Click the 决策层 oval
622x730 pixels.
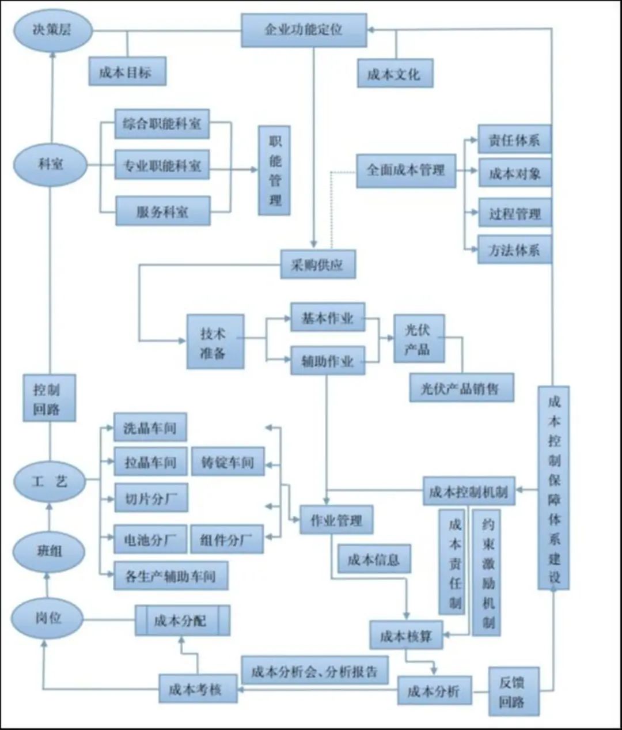tap(52, 31)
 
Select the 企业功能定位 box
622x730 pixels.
tap(304, 29)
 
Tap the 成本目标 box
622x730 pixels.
tap(127, 72)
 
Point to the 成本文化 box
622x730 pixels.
tap(395, 74)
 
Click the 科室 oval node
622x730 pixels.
tap(51, 165)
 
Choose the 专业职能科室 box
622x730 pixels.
tap(162, 166)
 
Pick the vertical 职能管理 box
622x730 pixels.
tap(274, 171)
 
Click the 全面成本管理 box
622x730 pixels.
tap(405, 171)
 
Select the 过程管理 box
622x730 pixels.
tap(514, 214)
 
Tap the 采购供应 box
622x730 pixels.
tap(317, 265)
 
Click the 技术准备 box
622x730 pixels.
tap(215, 342)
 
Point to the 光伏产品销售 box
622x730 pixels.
tap(461, 388)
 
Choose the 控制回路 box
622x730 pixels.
tap(49, 398)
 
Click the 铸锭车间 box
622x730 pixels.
tap(227, 462)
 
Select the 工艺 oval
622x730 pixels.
tap(50, 482)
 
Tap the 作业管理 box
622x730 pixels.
tap(336, 520)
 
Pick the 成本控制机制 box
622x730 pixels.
tap(468, 491)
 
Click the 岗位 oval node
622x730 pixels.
tap(48, 618)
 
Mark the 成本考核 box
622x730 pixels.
tap(198, 689)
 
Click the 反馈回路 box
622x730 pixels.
tap(513, 691)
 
